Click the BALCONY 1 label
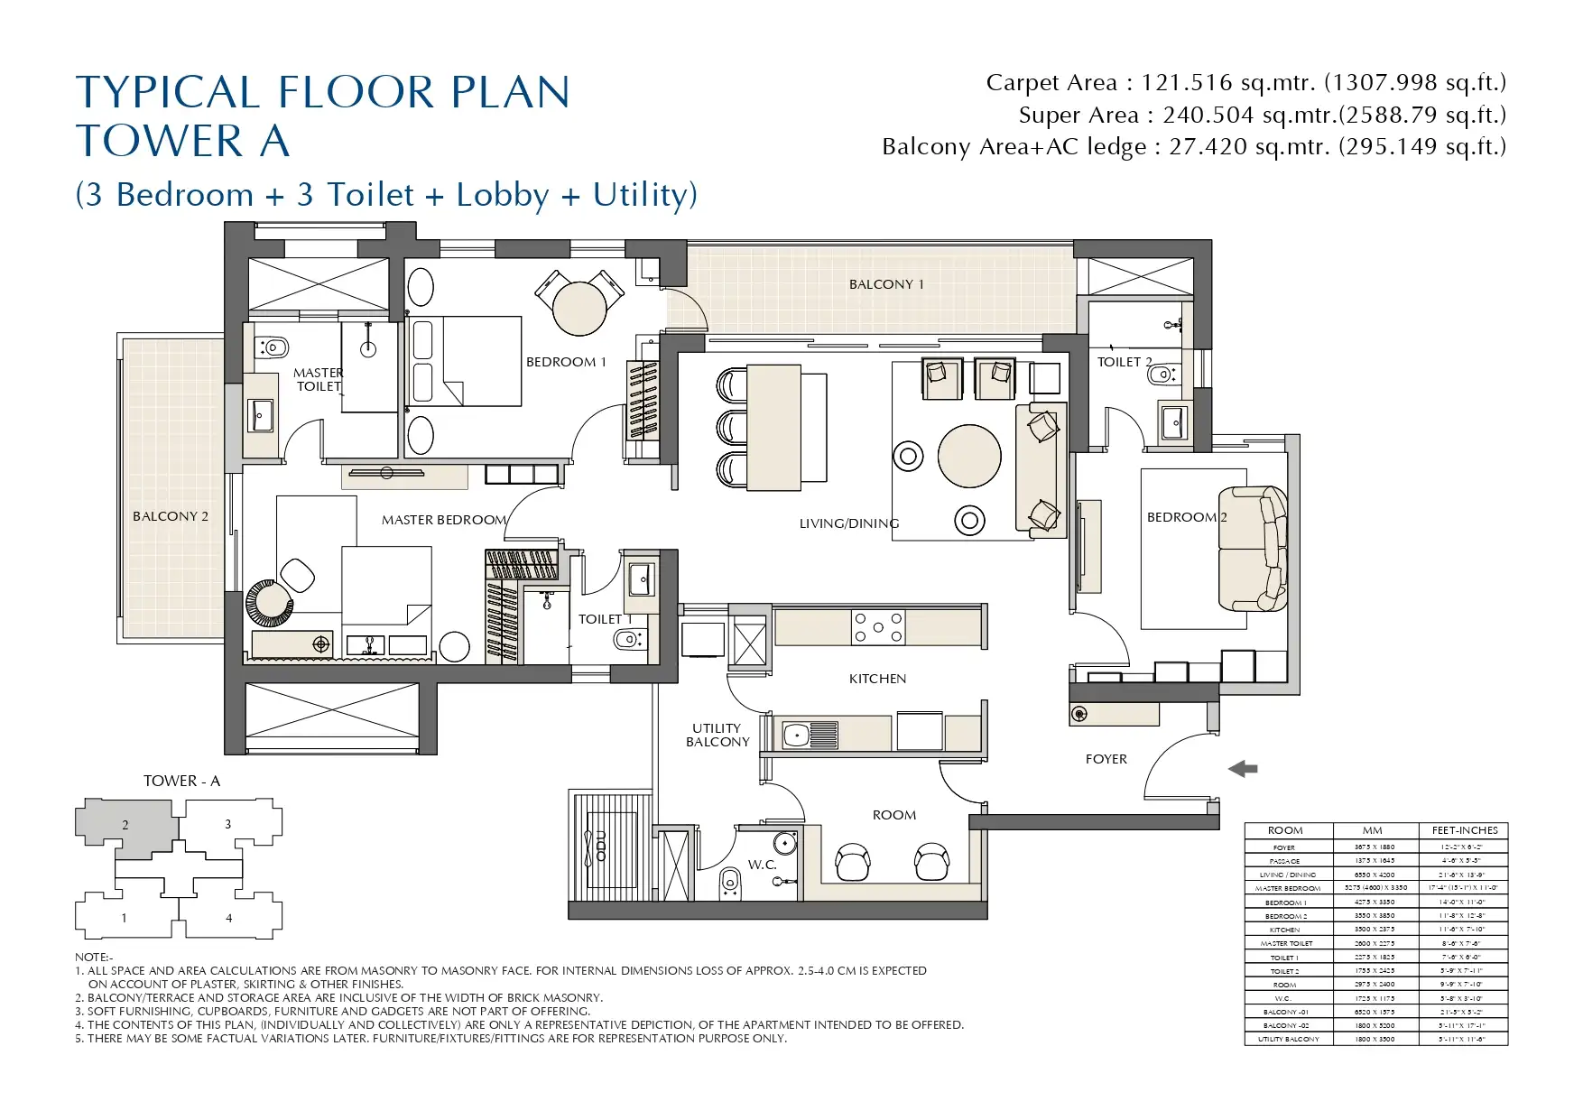(x=885, y=284)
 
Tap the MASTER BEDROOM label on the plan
(x=443, y=520)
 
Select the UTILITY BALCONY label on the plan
(x=717, y=735)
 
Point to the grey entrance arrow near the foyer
(x=1243, y=769)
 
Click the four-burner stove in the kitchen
(x=878, y=627)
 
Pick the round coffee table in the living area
(x=969, y=457)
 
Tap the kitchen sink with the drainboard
(x=810, y=735)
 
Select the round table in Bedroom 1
(x=579, y=308)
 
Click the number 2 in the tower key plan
(x=125, y=825)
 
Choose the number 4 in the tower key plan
(x=228, y=918)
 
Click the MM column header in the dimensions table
(x=1372, y=830)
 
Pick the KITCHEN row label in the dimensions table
(x=1284, y=930)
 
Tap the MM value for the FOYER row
(x=1374, y=847)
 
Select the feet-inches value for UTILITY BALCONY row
(x=1463, y=1040)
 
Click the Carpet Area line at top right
(x=1245, y=83)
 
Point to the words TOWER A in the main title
(x=182, y=142)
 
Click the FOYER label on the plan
(x=1106, y=759)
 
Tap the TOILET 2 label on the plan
(x=1124, y=362)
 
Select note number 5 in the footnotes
(x=430, y=1039)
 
